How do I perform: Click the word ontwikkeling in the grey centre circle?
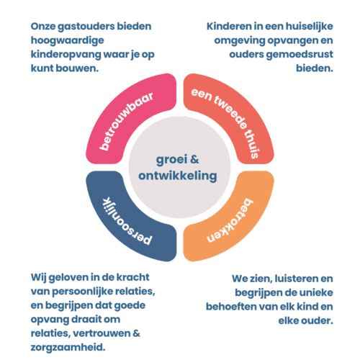click(x=178, y=176)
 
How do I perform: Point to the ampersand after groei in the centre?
click(x=194, y=159)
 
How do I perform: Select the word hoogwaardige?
click(x=68, y=41)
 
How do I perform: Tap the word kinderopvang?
click(x=66, y=55)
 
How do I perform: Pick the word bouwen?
click(x=77, y=68)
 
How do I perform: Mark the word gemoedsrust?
click(x=300, y=55)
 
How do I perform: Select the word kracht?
click(x=132, y=277)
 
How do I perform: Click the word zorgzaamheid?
click(x=68, y=348)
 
